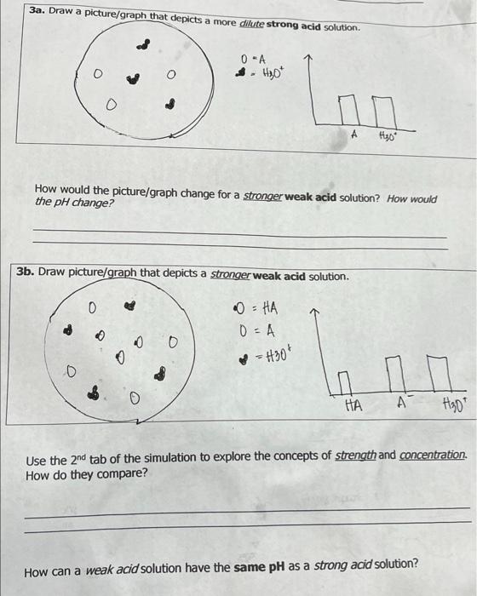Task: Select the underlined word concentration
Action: point(434,455)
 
